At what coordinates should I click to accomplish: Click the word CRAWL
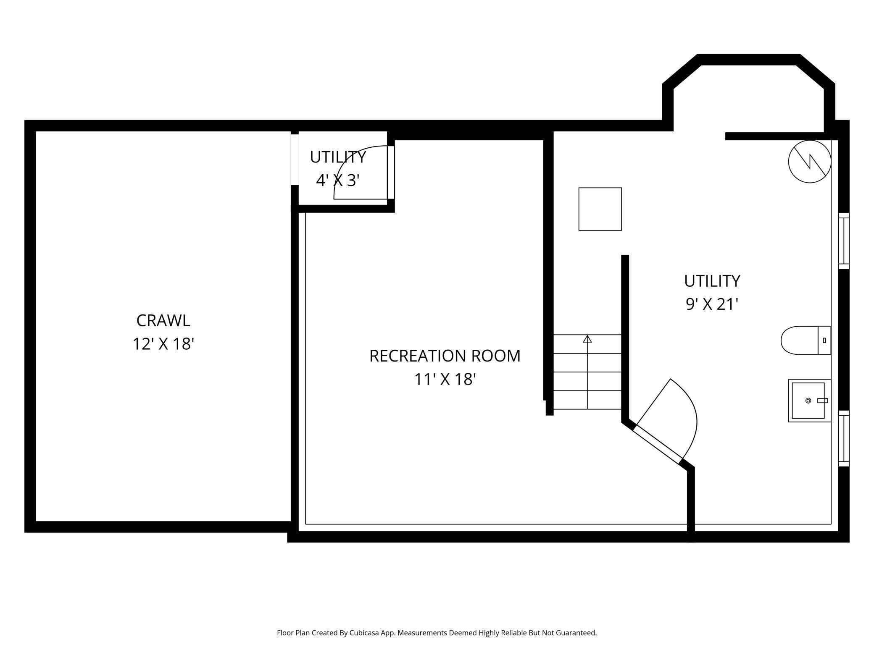[163, 321]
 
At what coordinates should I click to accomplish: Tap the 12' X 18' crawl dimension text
[163, 344]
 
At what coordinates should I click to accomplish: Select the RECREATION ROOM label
[445, 356]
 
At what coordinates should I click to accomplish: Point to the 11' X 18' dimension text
[445, 380]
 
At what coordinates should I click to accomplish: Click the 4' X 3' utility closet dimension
[338, 181]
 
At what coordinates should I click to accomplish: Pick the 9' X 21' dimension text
[712, 304]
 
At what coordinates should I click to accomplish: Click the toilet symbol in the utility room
[805, 340]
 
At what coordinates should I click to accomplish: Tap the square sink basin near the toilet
[808, 401]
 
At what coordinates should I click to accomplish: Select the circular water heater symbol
[809, 162]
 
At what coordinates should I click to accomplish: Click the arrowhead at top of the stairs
[587, 339]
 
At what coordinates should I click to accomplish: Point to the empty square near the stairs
[600, 209]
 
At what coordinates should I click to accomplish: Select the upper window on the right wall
[843, 241]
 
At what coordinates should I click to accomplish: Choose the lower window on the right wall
[843, 438]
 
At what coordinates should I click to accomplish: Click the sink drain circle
[808, 401]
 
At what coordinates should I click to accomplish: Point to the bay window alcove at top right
[748, 97]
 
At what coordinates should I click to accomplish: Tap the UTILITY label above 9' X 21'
[712, 281]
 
